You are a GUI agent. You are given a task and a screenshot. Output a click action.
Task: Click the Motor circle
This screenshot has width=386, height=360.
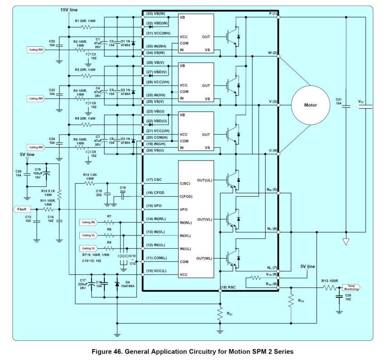pos(310,105)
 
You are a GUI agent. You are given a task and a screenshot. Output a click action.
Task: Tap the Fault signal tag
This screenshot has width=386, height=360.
pos(22,209)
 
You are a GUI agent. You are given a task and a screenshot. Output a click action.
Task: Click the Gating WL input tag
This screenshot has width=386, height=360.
pos(89,222)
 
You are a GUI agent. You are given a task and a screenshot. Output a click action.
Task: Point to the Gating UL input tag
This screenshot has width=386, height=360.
pos(89,248)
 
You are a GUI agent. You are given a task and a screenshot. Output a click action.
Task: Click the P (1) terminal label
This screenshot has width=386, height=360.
pos(272,14)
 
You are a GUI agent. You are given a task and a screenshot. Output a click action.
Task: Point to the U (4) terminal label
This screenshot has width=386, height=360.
pos(272,150)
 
